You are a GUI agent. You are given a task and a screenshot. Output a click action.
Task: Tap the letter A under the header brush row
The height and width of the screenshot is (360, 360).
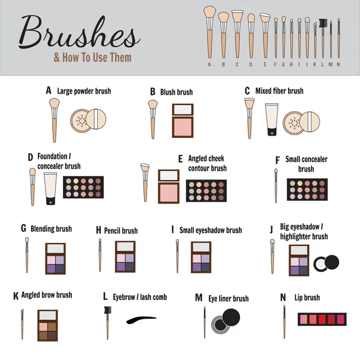click(x=209, y=64)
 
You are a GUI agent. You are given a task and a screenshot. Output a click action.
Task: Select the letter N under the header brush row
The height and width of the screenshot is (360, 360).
click(x=338, y=64)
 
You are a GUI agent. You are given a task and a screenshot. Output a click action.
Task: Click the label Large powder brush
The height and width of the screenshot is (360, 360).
click(x=84, y=91)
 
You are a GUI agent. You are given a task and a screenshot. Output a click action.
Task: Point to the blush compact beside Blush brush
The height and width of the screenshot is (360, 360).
click(x=183, y=119)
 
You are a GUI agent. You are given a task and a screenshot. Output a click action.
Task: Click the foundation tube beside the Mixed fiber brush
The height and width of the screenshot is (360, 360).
click(x=271, y=120)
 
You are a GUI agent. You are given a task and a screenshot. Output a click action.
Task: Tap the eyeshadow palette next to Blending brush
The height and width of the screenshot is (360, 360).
click(x=56, y=258)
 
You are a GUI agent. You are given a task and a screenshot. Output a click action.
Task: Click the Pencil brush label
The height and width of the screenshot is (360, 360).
click(x=121, y=230)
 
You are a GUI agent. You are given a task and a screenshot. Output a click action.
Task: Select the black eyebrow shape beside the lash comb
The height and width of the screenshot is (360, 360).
click(x=142, y=320)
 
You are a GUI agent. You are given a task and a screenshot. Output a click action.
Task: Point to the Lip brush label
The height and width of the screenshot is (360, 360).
click(x=308, y=297)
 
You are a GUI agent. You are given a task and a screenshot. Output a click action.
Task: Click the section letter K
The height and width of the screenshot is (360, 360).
click(x=16, y=296)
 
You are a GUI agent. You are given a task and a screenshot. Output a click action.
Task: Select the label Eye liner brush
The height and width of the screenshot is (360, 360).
click(x=229, y=298)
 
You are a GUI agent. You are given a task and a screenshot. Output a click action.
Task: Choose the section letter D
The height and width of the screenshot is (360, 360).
click(x=30, y=158)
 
